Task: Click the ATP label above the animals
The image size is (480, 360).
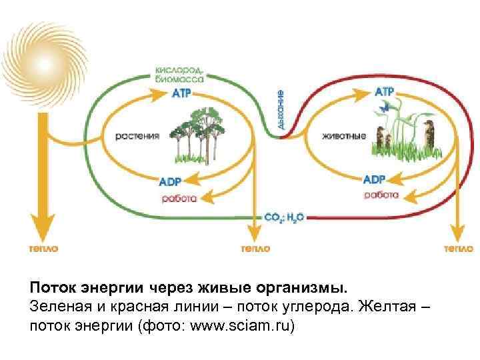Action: (385, 91)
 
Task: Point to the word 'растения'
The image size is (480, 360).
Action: (139, 136)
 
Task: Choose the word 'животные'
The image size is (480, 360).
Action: (343, 137)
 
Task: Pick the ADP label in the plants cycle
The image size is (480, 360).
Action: (170, 181)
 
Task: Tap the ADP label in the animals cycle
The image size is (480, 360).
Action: (374, 179)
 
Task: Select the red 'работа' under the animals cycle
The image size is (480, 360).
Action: (381, 195)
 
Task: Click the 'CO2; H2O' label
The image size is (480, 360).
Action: (284, 217)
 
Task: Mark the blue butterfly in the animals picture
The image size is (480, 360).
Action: (383, 106)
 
